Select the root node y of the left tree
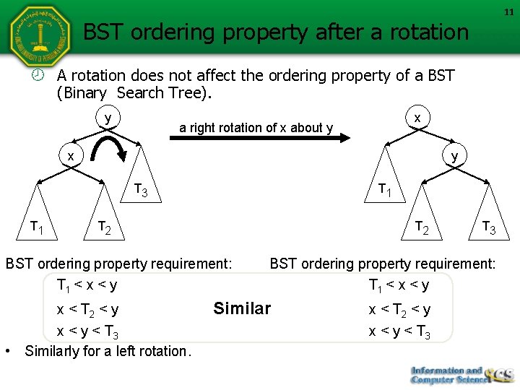(x=108, y=117)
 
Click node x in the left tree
(x=70, y=155)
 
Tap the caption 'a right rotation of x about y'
(x=256, y=128)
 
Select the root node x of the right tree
(x=417, y=117)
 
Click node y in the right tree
(x=454, y=155)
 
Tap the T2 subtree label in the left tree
(x=104, y=229)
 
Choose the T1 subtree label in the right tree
(x=385, y=190)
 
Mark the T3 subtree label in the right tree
(x=488, y=229)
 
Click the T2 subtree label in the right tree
(x=421, y=228)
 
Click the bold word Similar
(x=242, y=309)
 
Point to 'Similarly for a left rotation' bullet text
(x=108, y=352)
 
